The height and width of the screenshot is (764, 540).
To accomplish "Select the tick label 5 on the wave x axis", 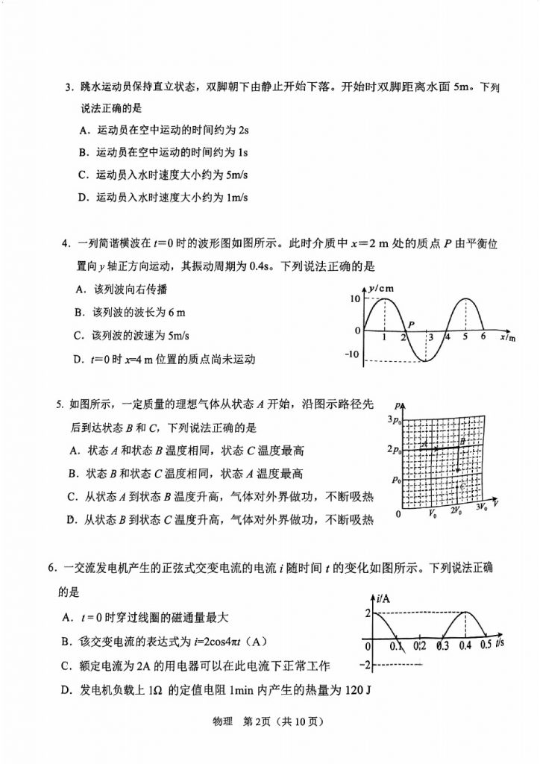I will [464, 337].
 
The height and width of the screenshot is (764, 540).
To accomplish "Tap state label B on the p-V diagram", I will [462, 442].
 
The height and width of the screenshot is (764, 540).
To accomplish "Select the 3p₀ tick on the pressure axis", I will [393, 422].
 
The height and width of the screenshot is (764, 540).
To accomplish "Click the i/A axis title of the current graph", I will [384, 598].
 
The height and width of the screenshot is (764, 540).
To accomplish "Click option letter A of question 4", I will [78, 289].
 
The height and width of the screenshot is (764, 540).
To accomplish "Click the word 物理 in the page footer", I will [225, 721].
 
